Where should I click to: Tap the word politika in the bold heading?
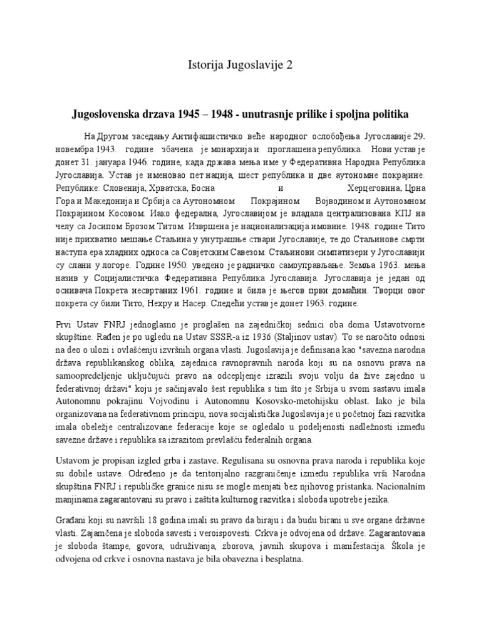391,115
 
